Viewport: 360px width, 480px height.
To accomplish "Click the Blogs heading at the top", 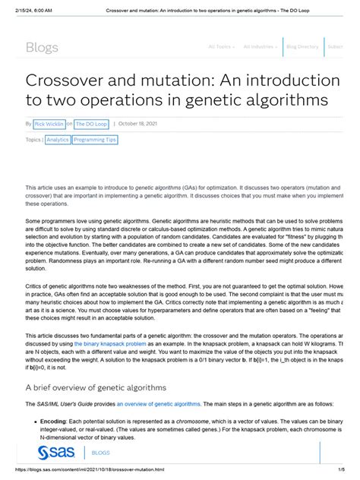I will [42, 47].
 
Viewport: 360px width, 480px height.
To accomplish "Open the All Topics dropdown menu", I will [221, 46].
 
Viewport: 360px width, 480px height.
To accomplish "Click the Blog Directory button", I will [302, 46].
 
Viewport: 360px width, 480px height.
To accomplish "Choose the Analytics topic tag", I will [58, 140].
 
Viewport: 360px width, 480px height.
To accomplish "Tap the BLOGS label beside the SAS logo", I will [100, 453].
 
